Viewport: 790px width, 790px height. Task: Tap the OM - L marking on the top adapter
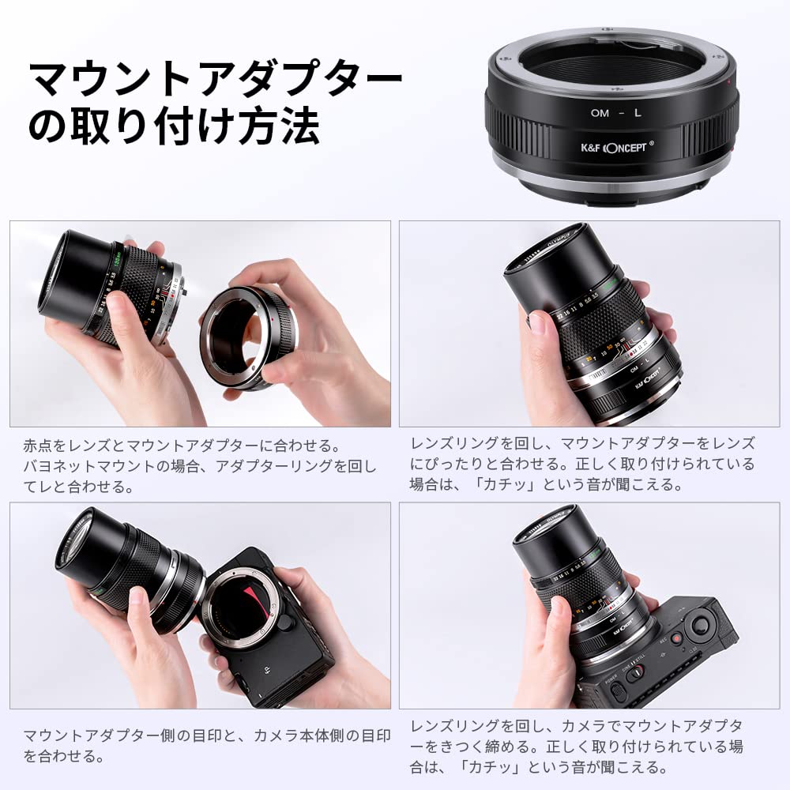[616, 113]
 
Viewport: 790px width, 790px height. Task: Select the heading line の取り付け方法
[174, 126]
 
